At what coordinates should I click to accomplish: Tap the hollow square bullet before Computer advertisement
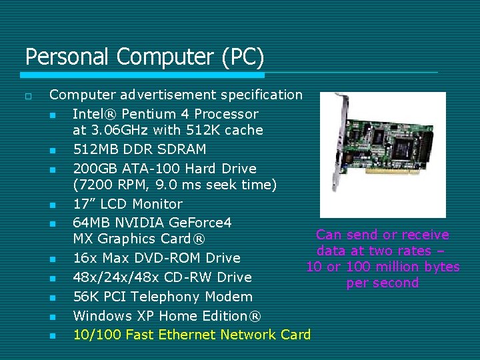coord(28,97)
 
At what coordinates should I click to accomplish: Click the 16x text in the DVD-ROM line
coord(84,258)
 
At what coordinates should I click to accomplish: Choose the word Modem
coord(229,297)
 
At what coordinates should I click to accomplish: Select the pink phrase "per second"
coord(383,283)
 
